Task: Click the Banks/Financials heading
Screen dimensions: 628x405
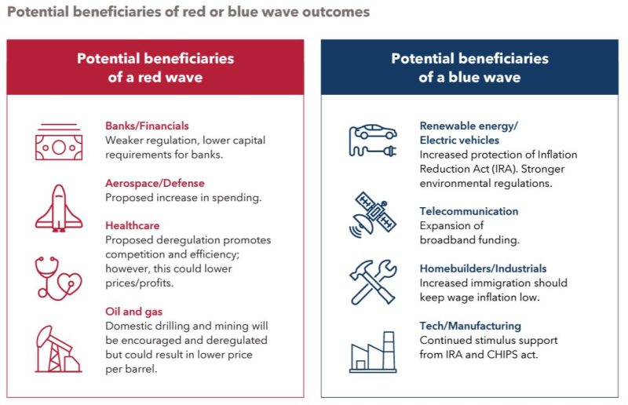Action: coord(147,126)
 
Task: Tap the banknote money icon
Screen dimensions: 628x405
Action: coord(59,142)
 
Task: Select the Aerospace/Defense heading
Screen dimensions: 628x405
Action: coord(155,183)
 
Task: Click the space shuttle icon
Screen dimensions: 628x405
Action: coord(59,208)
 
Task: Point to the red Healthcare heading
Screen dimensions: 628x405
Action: coord(133,225)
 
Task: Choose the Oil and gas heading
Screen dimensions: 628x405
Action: coord(133,312)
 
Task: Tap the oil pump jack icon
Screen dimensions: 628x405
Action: coord(58,349)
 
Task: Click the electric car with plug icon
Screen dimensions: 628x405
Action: coord(373,140)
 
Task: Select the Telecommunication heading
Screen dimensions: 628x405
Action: coord(469,211)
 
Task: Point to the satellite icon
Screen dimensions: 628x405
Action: coord(372,215)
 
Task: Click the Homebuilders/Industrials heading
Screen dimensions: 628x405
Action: coord(483,268)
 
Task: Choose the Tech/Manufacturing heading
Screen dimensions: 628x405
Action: coord(470,326)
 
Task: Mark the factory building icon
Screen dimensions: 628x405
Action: coord(373,352)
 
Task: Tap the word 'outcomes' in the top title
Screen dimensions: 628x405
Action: coord(336,12)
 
